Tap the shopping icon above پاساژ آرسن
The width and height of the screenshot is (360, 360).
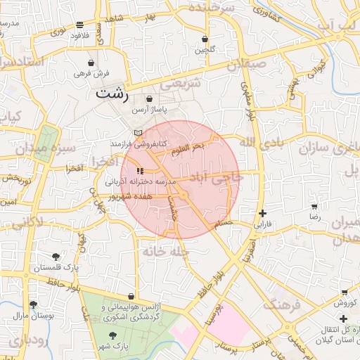150,100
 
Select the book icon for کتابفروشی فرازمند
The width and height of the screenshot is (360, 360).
138,132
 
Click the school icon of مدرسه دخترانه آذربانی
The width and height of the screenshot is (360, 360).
141,170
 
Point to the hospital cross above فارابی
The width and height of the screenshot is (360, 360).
262,213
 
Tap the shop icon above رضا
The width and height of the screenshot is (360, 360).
314,207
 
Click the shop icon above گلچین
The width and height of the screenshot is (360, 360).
205,39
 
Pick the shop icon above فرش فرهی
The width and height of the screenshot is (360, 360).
91,63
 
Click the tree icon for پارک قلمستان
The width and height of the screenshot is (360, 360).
56,257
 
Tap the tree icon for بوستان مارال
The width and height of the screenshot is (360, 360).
32,304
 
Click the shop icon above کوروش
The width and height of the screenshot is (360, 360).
344,292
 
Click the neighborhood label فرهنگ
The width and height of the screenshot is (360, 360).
282,304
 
